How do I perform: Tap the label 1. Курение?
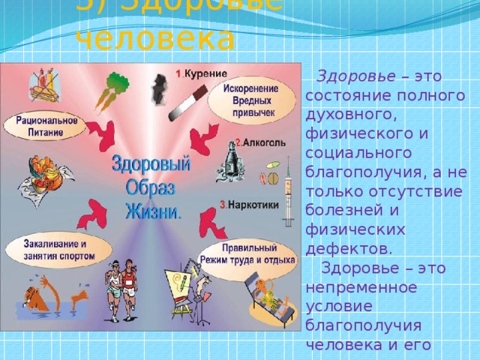202,73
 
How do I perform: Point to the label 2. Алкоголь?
258,141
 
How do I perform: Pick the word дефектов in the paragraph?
346,248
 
